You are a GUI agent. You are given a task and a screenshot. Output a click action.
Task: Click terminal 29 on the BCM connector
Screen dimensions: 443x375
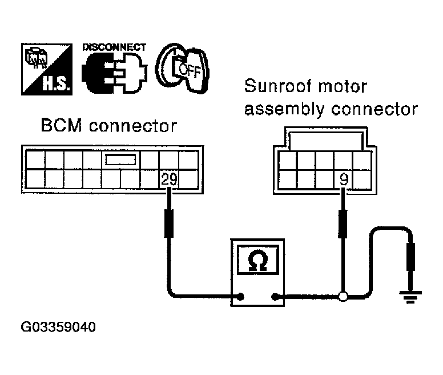pyautogui.click(x=169, y=179)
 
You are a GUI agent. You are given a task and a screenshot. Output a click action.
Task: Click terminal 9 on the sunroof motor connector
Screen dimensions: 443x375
pyautogui.click(x=344, y=179)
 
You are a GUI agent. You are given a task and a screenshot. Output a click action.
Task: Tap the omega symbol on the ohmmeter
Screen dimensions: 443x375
pyautogui.click(x=257, y=261)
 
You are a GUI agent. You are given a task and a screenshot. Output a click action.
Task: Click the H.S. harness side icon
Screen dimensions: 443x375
pyautogui.click(x=47, y=69)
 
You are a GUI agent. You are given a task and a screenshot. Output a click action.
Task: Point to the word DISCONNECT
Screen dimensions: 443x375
pyautogui.click(x=114, y=47)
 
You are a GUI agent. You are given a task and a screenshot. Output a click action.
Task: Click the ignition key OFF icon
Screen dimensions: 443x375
pyautogui.click(x=182, y=68)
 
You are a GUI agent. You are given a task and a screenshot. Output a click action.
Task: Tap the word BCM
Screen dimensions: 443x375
pyautogui.click(x=61, y=125)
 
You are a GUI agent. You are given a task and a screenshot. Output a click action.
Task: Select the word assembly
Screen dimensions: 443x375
pyautogui.click(x=284, y=109)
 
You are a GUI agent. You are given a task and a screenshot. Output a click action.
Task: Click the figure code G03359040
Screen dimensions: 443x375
pyautogui.click(x=58, y=327)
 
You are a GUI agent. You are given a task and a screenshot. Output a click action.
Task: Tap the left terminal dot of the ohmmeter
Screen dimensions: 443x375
pyautogui.click(x=240, y=297)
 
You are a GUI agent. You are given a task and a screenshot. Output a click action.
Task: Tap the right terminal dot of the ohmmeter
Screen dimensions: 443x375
pyautogui.click(x=275, y=297)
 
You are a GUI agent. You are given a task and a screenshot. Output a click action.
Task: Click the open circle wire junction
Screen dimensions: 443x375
pyautogui.click(x=343, y=297)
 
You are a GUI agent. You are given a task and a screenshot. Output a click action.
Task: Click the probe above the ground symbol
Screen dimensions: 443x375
pyautogui.click(x=410, y=257)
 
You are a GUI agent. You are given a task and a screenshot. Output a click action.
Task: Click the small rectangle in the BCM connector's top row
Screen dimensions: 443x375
pyautogui.click(x=120, y=159)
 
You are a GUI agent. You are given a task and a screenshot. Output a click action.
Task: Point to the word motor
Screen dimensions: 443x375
pyautogui.click(x=343, y=86)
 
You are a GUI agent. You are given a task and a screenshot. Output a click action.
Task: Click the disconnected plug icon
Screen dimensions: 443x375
pyautogui.click(x=114, y=73)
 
